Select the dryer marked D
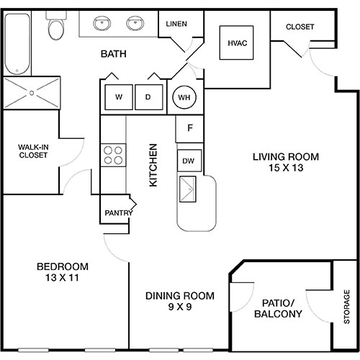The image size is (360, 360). (x=148, y=97)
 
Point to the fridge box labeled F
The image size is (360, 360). (x=189, y=129)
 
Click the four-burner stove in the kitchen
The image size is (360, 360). (x=113, y=153)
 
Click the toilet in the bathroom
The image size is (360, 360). (x=55, y=27)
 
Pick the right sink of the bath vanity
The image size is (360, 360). (x=134, y=25)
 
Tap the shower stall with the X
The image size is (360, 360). (x=32, y=92)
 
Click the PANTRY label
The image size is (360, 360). (x=117, y=212)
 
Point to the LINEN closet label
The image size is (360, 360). (x=176, y=24)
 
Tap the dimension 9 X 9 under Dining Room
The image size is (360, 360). (x=180, y=307)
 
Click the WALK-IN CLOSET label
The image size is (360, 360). (x=33, y=151)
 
